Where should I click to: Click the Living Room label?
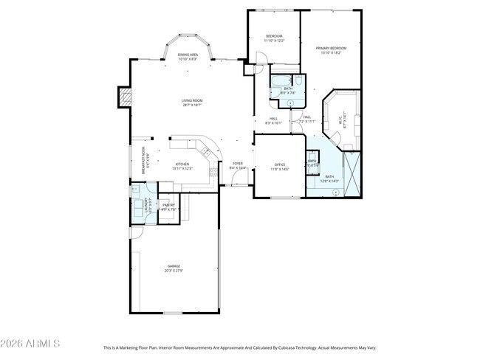coord(192,100)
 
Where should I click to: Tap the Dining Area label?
coord(188,55)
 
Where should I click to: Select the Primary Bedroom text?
coord(331,48)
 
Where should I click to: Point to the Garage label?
coord(174,266)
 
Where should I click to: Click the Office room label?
coord(279,165)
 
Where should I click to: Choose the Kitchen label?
coord(182,164)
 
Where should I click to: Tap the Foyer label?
coord(238,163)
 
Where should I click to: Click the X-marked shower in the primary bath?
coord(352,173)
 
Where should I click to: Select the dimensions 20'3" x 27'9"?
coord(174,271)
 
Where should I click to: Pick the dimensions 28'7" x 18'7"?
coord(192,105)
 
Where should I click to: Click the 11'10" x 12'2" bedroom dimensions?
coord(274,41)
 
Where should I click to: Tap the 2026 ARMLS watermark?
coord(30,344)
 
